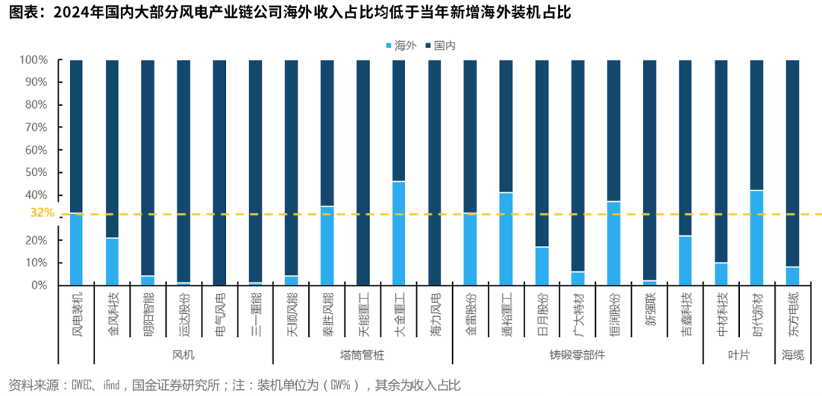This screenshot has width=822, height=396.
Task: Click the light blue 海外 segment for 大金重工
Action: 398,233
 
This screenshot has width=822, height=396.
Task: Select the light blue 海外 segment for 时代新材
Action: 757,238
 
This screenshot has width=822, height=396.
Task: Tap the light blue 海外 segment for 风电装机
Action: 76,249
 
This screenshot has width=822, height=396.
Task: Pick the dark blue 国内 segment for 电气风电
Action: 219,171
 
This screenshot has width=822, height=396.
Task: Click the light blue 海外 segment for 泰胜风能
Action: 327,245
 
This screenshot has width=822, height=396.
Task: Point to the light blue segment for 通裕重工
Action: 505,238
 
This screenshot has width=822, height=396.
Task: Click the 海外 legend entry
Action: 400,46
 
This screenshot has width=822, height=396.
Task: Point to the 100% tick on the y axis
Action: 33,59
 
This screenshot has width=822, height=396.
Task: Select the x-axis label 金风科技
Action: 112,312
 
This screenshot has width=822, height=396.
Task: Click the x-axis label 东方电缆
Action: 792,312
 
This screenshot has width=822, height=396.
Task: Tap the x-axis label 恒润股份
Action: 613,312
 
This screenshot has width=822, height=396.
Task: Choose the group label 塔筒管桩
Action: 362,355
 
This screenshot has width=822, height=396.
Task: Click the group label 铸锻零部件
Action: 577,355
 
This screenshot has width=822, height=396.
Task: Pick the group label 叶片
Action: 739,355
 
